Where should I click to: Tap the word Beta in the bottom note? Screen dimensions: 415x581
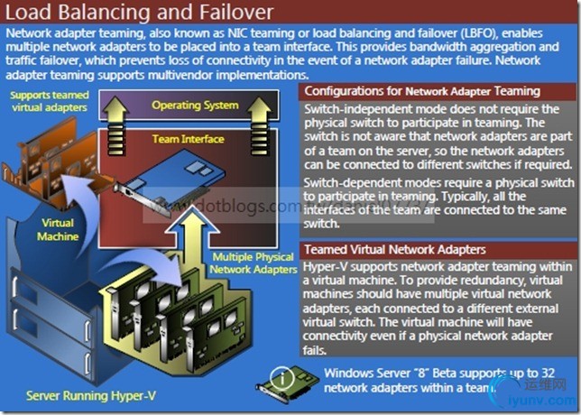coord(448,373)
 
